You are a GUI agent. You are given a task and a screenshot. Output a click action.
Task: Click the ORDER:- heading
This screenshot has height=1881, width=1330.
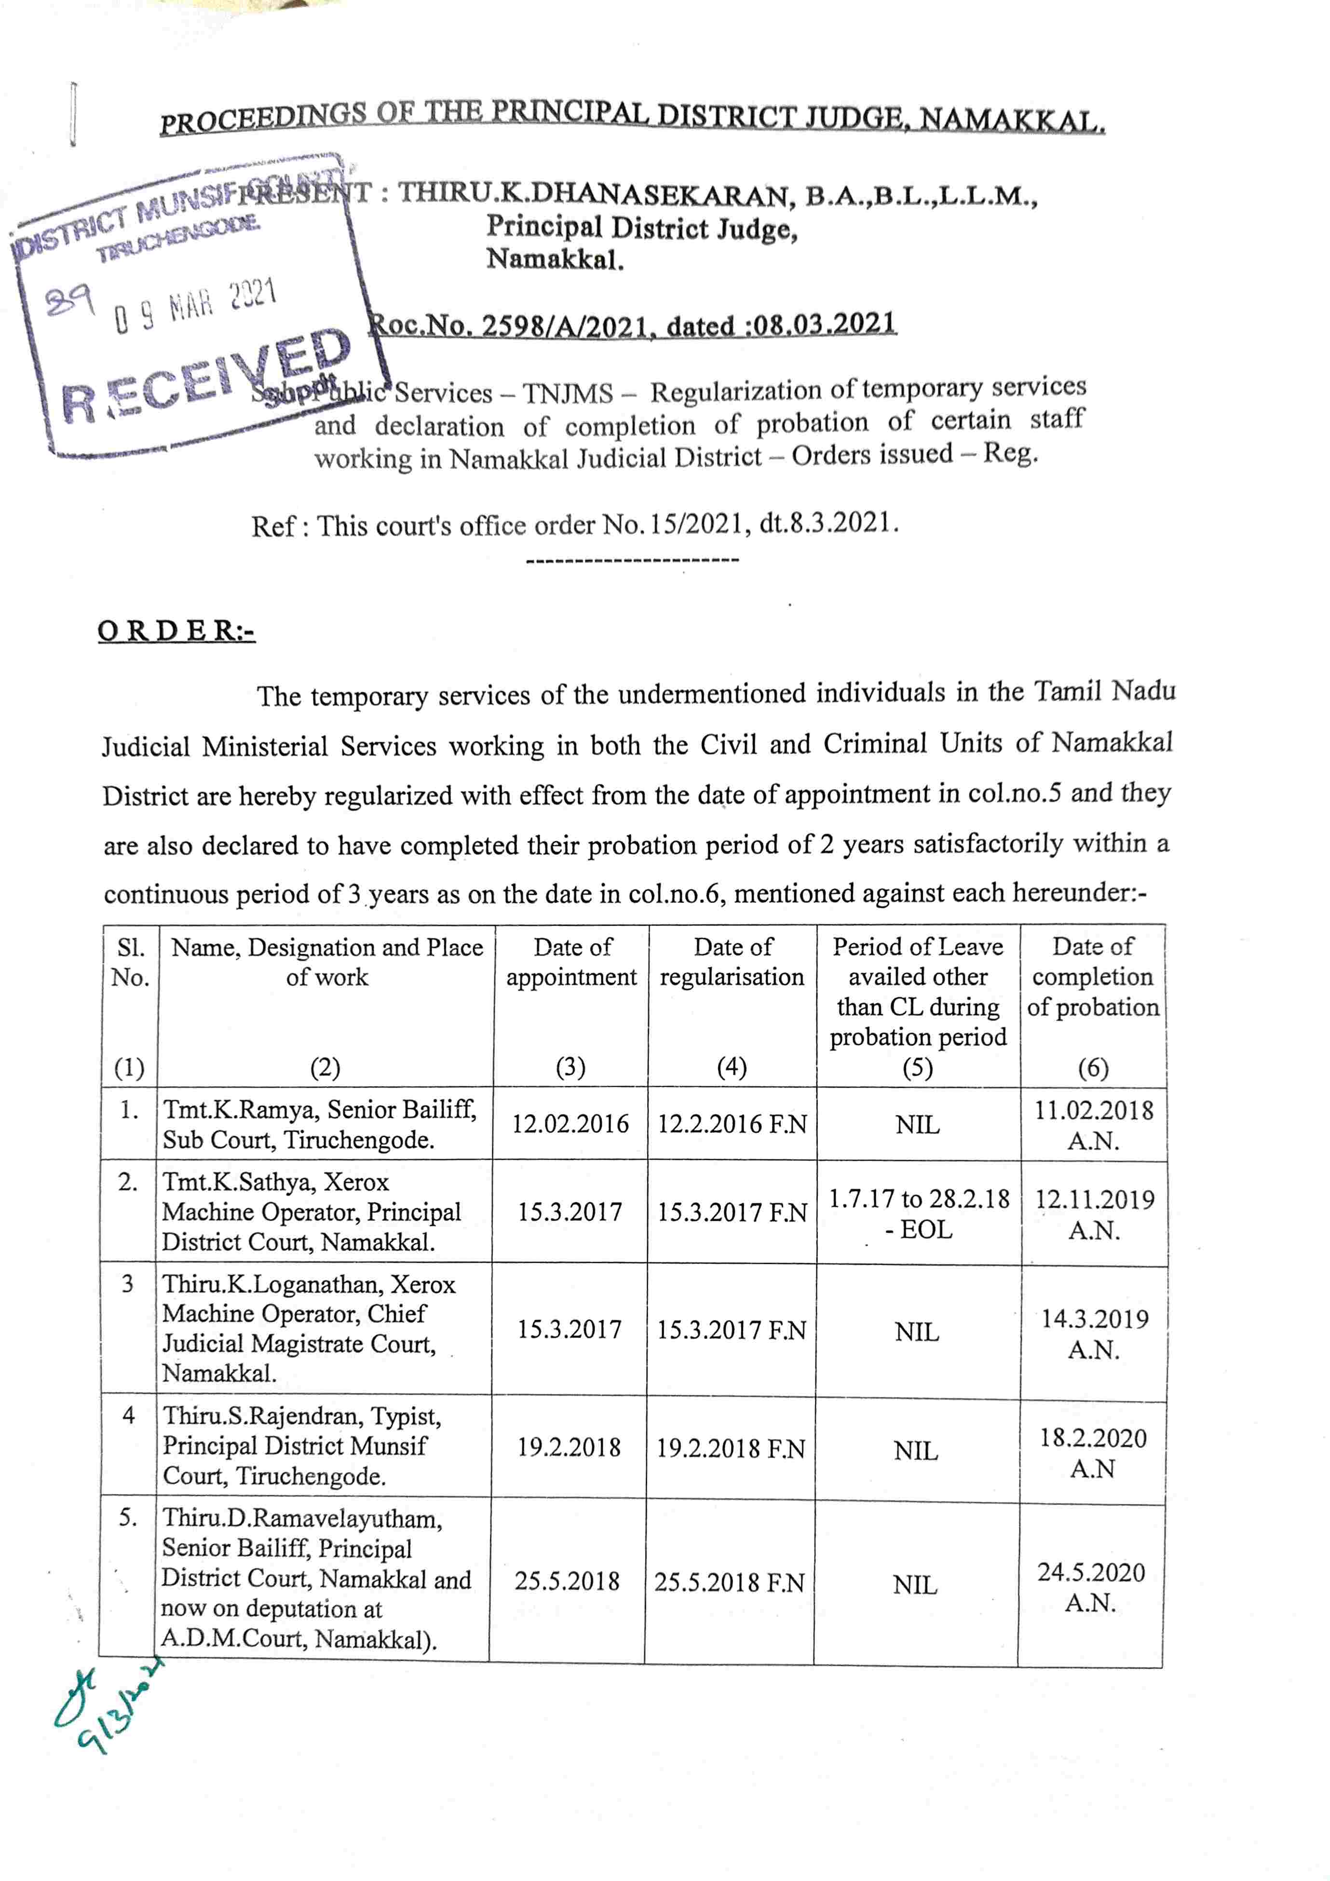pyautogui.click(x=176, y=631)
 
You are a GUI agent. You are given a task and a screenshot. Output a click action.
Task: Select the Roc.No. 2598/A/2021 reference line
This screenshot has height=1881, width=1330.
pyautogui.click(x=632, y=325)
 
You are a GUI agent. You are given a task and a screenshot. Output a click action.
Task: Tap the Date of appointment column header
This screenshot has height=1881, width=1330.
pyautogui.click(x=571, y=962)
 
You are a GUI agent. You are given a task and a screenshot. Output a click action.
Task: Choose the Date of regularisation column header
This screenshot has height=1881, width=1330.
pyautogui.click(x=732, y=962)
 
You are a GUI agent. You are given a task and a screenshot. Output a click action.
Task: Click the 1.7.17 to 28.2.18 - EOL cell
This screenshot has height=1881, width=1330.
pyautogui.click(x=919, y=1213)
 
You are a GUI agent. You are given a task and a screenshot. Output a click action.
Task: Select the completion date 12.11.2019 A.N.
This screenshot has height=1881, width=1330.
pyautogui.click(x=1094, y=1214)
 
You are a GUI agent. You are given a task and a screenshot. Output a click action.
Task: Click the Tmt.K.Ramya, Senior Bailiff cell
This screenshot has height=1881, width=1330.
pyautogui.click(x=319, y=1124)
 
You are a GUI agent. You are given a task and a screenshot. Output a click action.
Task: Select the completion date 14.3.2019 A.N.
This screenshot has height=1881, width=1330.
pyautogui.click(x=1094, y=1333)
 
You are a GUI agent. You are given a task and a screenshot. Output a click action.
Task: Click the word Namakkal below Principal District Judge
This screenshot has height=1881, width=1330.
pyautogui.click(x=555, y=259)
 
